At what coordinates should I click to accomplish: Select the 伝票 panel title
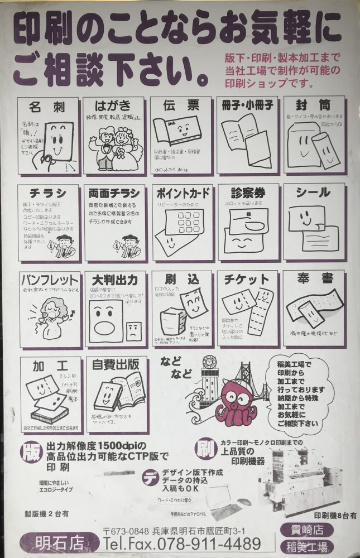(x=181, y=105)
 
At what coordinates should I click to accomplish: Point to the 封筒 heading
(x=314, y=105)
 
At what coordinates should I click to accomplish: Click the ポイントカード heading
(x=183, y=194)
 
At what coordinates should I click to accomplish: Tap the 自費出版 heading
(x=116, y=366)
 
